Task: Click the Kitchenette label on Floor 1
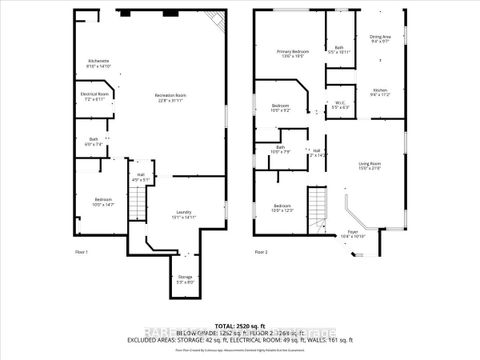[97, 63]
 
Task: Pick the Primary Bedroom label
[293, 53]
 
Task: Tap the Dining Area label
[381, 38]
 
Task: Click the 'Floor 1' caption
[81, 251]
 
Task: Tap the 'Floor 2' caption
[260, 251]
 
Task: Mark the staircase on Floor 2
[317, 211]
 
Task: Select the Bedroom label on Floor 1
[105, 202]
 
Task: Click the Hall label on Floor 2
[318, 153]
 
